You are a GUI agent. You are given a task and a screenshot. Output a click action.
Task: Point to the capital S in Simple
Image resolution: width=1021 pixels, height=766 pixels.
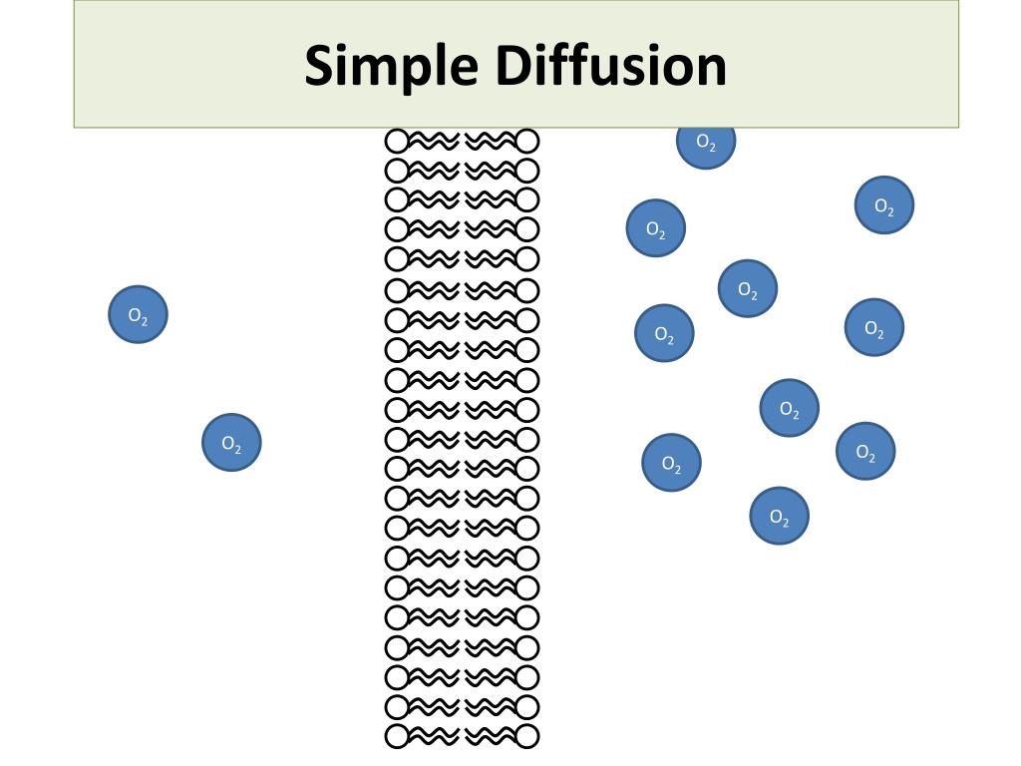point(322,65)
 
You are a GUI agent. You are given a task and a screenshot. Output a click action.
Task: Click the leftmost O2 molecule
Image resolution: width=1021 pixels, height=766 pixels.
point(138,315)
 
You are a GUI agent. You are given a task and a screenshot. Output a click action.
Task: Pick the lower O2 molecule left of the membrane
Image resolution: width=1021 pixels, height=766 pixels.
point(231,443)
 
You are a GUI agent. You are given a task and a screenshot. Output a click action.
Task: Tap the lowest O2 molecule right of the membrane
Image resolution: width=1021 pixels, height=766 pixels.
point(779,516)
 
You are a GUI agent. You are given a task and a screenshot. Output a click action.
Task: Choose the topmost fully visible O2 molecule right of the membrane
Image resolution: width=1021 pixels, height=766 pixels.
point(884,205)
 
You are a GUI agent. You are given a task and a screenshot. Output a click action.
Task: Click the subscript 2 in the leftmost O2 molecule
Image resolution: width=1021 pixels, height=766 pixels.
point(144,320)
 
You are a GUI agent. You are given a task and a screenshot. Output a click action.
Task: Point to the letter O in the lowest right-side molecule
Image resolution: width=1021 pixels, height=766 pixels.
point(775,515)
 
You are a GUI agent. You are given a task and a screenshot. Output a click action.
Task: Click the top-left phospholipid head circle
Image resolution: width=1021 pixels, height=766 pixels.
point(397,141)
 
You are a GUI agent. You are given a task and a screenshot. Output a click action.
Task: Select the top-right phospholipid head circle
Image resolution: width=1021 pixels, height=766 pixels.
point(527,141)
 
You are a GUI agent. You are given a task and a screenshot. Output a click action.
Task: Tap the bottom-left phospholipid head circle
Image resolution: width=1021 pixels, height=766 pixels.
point(397,737)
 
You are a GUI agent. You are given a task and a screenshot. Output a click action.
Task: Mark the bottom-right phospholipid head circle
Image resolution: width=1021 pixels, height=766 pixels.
point(527,737)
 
